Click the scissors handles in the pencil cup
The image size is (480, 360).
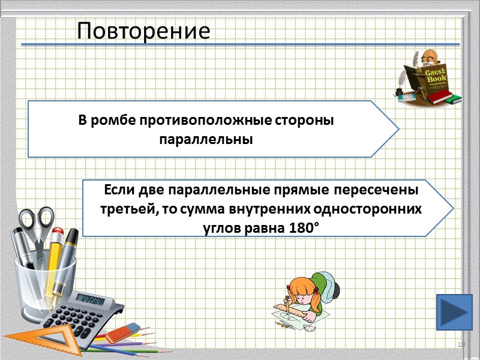(37, 220)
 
